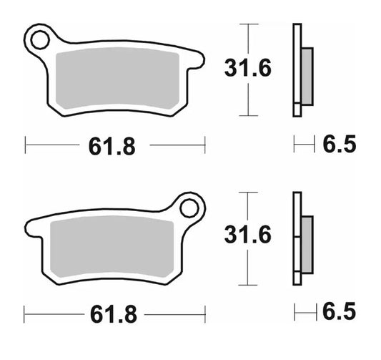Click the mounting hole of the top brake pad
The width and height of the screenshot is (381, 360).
(41, 37)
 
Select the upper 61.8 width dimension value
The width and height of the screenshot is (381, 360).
(112, 146)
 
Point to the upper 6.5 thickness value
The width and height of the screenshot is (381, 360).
(340, 145)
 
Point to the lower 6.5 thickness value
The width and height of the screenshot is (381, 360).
(340, 313)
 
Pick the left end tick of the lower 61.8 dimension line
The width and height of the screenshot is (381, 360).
(24, 313)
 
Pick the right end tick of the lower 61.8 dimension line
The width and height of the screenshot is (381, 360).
(205, 313)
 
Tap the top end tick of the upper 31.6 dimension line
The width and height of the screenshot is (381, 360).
(247, 24)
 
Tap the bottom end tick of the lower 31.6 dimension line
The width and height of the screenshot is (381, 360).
(247, 283)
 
